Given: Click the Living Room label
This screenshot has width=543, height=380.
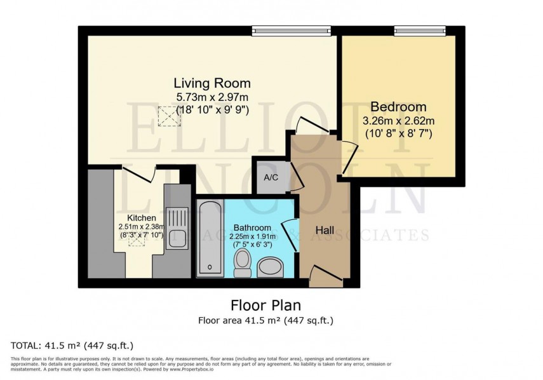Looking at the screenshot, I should coord(212,83).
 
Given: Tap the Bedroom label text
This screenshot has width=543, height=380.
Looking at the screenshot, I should coord(398,107).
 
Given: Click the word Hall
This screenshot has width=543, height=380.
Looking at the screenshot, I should coord(326,231).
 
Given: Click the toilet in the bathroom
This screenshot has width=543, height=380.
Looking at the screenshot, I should coord(243,263).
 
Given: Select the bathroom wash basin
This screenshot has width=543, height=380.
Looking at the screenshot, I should coord(274,266).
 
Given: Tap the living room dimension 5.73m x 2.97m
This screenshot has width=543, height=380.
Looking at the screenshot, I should coord(212,97).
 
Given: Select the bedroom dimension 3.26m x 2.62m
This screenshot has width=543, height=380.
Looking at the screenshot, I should coord(398,121).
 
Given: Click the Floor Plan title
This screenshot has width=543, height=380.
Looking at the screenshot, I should coord(265,306).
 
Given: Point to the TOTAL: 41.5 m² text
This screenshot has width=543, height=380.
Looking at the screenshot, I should coord(72,346).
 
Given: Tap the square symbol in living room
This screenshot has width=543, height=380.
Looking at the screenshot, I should coord(169,116).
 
